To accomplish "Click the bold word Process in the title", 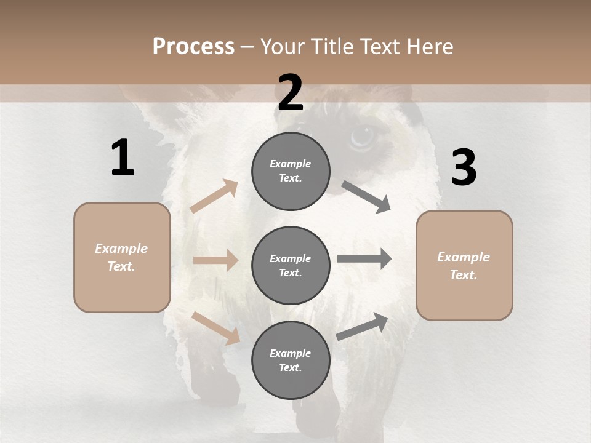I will pyautogui.click(x=193, y=47).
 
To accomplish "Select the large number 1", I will pyautogui.click(x=123, y=158).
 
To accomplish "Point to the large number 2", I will pyautogui.click(x=291, y=93).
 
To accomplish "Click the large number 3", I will pyautogui.click(x=464, y=168).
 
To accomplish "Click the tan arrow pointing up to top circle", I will pyautogui.click(x=214, y=196).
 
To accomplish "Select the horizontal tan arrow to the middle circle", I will pyautogui.click(x=215, y=260).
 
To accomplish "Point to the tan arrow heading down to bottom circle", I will pyautogui.click(x=216, y=327).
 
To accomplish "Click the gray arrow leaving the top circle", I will pyautogui.click(x=366, y=197).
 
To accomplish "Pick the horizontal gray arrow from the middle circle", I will pyautogui.click(x=364, y=258).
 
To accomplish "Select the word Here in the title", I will pyautogui.click(x=430, y=47).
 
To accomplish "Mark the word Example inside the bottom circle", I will pyautogui.click(x=290, y=353).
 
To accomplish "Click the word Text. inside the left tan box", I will pyautogui.click(x=121, y=266).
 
